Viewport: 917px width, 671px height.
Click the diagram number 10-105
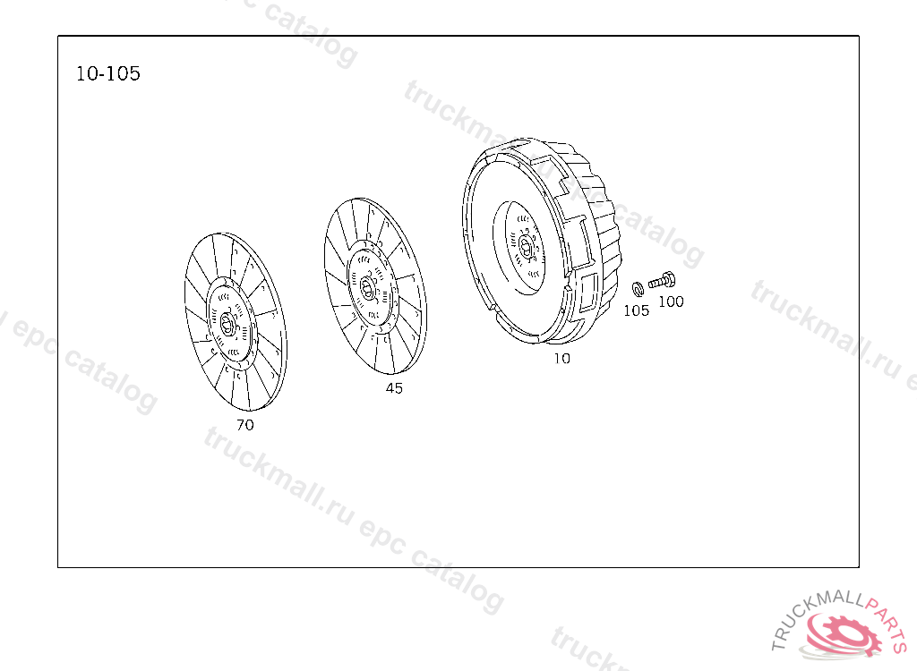108,73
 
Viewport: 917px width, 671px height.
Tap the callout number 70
245,425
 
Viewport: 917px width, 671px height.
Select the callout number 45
394,388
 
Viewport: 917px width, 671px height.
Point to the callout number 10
562,358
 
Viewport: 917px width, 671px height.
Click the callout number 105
637,310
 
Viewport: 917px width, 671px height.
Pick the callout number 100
672,302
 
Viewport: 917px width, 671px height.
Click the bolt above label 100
662,281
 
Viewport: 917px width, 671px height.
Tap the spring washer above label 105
638,289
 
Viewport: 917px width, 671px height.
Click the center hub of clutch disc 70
228,323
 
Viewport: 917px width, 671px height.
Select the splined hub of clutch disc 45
367,287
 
